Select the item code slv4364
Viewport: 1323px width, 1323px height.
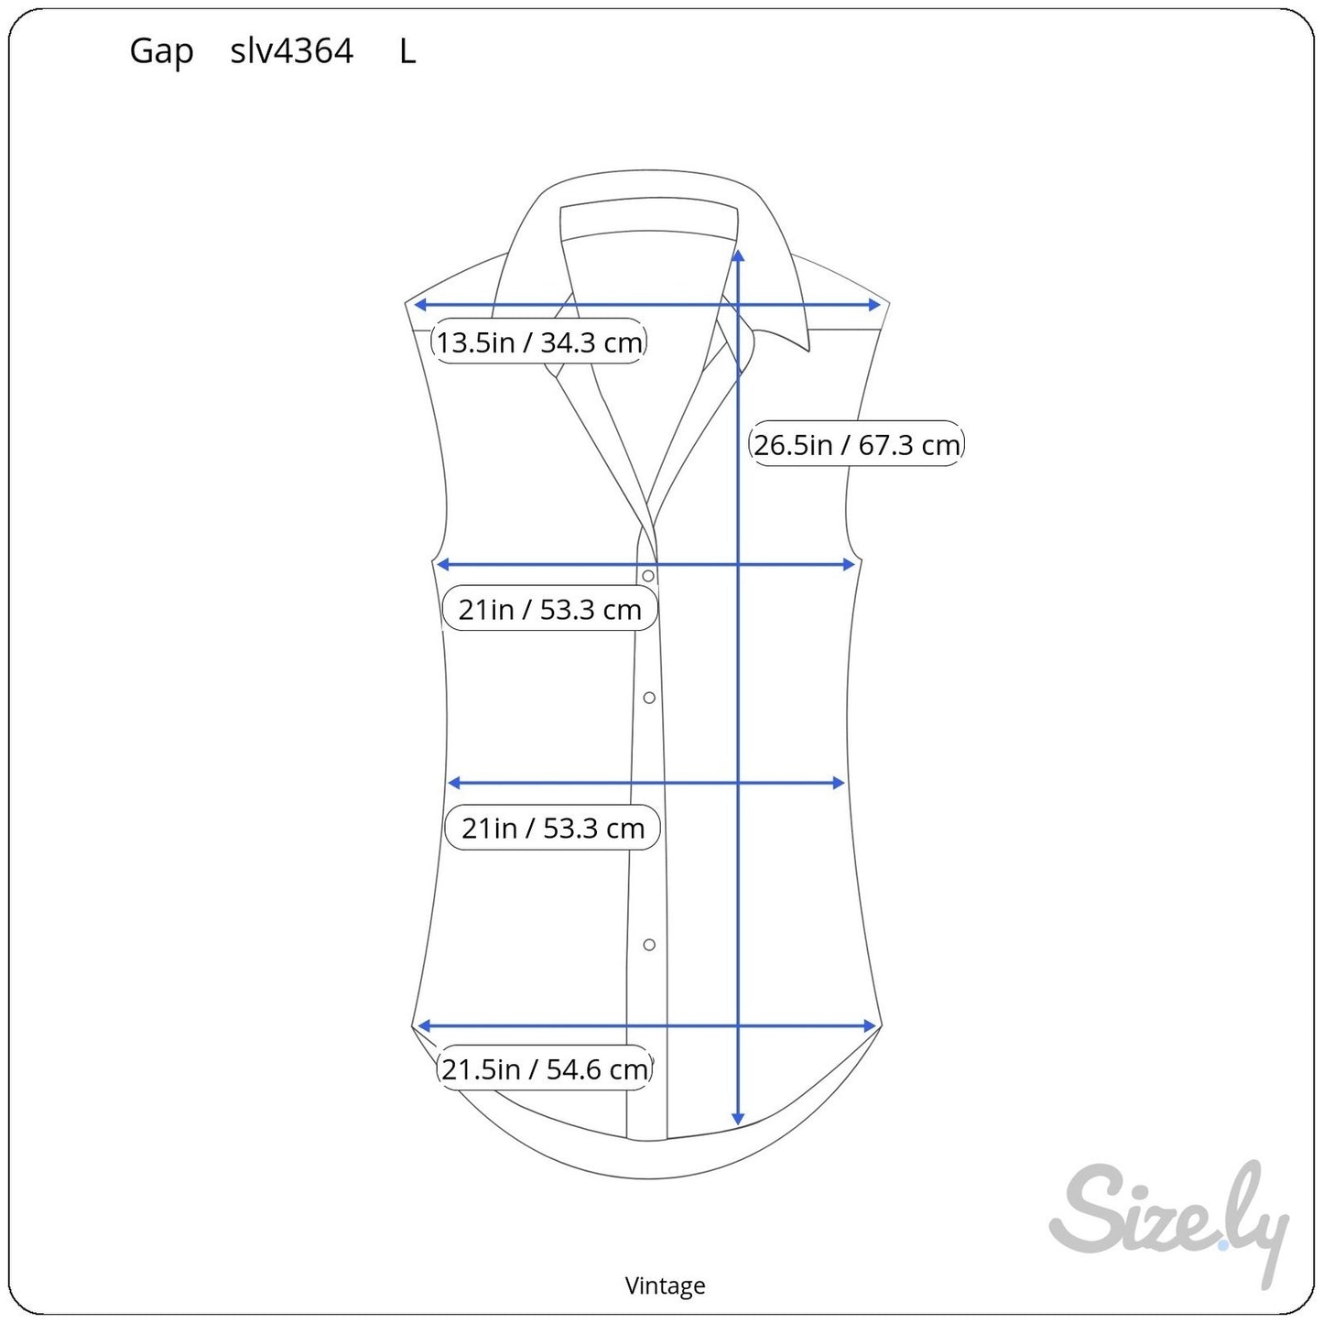click(x=292, y=50)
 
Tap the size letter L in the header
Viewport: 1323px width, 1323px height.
click(x=407, y=51)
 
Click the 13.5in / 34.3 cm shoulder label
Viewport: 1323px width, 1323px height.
click(x=539, y=342)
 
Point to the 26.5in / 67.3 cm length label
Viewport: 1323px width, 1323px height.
click(x=856, y=444)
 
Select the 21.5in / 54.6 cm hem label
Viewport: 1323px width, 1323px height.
click(x=545, y=1068)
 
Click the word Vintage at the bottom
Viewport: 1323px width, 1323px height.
click(x=665, y=1285)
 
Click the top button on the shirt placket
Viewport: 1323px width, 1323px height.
click(x=648, y=575)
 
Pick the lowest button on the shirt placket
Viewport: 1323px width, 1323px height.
click(x=649, y=945)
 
